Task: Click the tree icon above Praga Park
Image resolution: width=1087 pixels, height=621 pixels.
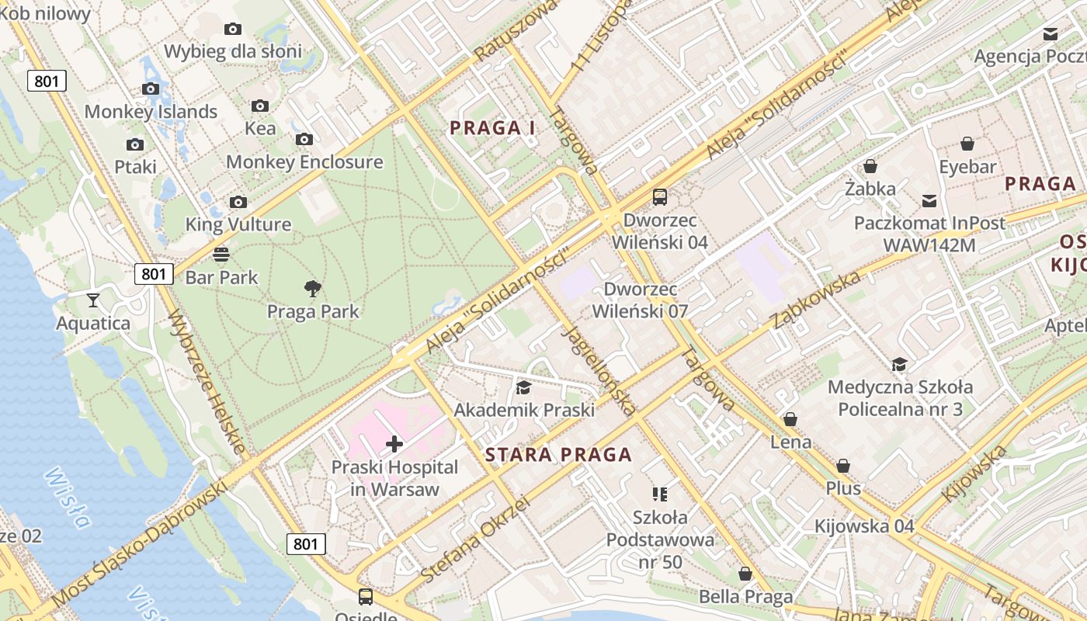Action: pyautogui.click(x=313, y=290)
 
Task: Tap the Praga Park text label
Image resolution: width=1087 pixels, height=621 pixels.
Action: pyautogui.click(x=313, y=312)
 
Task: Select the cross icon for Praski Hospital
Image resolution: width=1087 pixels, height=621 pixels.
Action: pyautogui.click(x=394, y=444)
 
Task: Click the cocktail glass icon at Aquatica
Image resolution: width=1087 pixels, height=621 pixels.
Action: pyautogui.click(x=93, y=300)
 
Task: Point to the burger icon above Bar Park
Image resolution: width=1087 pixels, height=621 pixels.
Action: pyautogui.click(x=221, y=255)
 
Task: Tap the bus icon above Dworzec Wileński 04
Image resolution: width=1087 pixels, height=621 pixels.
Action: pyautogui.click(x=660, y=197)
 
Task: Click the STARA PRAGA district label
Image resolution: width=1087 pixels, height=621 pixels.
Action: pyautogui.click(x=558, y=455)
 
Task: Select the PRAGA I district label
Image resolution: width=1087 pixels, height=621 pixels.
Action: pyautogui.click(x=492, y=128)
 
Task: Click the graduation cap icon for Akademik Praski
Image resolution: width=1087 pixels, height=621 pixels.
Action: pyautogui.click(x=524, y=387)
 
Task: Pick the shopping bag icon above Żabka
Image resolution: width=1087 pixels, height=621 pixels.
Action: pyautogui.click(x=870, y=166)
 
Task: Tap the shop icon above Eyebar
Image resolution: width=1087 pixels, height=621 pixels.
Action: pyautogui.click(x=967, y=144)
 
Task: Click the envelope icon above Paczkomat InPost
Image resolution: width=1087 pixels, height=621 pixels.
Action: pyautogui.click(x=929, y=201)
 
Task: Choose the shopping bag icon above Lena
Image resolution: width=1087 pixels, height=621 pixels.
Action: pyautogui.click(x=790, y=420)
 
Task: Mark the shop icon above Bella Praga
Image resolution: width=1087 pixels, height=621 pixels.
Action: pyautogui.click(x=745, y=574)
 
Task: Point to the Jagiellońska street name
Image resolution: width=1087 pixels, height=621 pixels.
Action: pyautogui.click(x=598, y=370)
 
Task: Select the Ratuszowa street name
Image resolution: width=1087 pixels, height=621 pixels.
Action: pyautogui.click(x=516, y=31)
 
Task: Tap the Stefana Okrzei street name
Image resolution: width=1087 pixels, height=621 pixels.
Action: pyautogui.click(x=475, y=540)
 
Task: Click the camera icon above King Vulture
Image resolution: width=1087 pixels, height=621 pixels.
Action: pyautogui.click(x=238, y=203)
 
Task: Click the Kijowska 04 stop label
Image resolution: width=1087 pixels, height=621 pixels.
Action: pyautogui.click(x=864, y=526)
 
